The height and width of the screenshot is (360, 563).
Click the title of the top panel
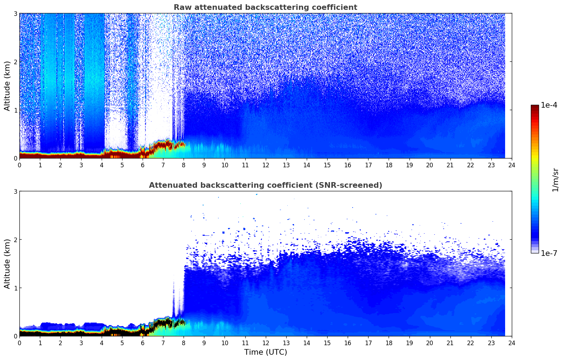tap(265, 7)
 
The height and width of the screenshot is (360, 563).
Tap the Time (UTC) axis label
tap(265, 352)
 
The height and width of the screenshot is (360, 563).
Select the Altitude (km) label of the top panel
tap(7, 86)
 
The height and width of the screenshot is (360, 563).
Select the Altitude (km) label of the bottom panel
tap(7, 264)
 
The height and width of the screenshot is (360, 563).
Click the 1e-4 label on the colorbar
tap(549, 105)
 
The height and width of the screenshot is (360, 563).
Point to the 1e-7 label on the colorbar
tap(549, 253)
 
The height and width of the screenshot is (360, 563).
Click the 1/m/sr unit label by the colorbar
tap(555, 180)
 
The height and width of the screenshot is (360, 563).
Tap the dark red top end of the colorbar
tap(535, 107)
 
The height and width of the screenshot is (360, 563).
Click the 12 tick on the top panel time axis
tap(266, 165)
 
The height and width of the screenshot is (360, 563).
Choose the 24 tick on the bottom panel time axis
tap(512, 343)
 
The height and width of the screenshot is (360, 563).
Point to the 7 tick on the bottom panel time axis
tap(163, 343)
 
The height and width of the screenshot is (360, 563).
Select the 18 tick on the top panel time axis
tap(389, 165)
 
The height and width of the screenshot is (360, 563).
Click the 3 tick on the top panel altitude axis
tap(15, 13)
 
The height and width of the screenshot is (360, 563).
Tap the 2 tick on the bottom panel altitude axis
tap(15, 240)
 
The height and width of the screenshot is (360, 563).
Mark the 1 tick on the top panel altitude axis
tap(15, 110)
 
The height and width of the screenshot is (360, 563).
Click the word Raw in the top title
tap(183, 7)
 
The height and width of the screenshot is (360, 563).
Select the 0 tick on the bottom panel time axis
tap(20, 343)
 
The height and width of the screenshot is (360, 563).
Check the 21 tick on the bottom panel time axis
tap(450, 343)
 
